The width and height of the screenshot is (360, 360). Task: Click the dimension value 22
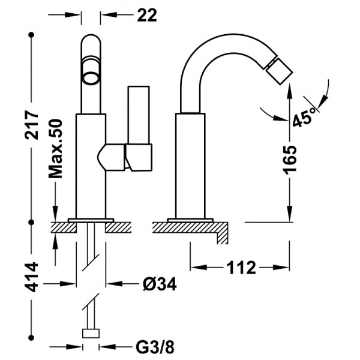point(147,16)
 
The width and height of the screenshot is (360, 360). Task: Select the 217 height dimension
point(32,125)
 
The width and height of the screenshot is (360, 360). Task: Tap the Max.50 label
point(55,149)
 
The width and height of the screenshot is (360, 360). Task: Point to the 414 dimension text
point(31,277)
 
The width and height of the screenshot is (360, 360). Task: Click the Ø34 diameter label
point(160,284)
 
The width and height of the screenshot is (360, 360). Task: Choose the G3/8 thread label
point(155,347)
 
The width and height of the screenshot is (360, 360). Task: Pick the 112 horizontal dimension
point(241,268)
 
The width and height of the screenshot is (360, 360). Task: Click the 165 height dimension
point(290,159)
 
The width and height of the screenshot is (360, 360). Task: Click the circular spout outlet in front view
point(91,77)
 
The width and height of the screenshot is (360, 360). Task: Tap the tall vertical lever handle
point(139,115)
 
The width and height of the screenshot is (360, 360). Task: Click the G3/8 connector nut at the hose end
point(91,334)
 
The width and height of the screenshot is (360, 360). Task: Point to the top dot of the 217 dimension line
point(31,35)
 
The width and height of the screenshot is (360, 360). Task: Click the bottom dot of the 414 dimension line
point(31,338)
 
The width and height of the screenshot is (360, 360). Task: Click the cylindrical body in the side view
point(190,166)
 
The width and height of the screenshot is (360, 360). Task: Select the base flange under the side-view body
point(190,220)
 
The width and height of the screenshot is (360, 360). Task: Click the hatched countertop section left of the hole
point(64,227)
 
